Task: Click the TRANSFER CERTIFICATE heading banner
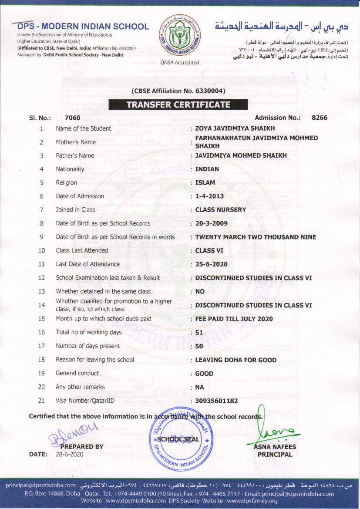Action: [x=178, y=104]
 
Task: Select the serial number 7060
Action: [x=72, y=118]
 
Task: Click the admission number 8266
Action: [x=320, y=118]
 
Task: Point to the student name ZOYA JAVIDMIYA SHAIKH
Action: [x=235, y=128]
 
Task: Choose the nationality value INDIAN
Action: [x=207, y=169]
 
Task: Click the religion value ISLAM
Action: [x=205, y=182]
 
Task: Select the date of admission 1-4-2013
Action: [x=209, y=196]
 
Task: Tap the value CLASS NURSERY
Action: [x=221, y=209]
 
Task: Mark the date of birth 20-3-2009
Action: [x=212, y=223]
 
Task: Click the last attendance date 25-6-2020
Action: [x=212, y=264]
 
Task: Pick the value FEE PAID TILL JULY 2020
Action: [x=234, y=319]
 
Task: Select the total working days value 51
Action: [x=199, y=333]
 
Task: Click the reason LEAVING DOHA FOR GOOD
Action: [x=236, y=360]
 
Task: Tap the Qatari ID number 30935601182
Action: [x=217, y=401]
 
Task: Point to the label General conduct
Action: [x=77, y=373]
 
